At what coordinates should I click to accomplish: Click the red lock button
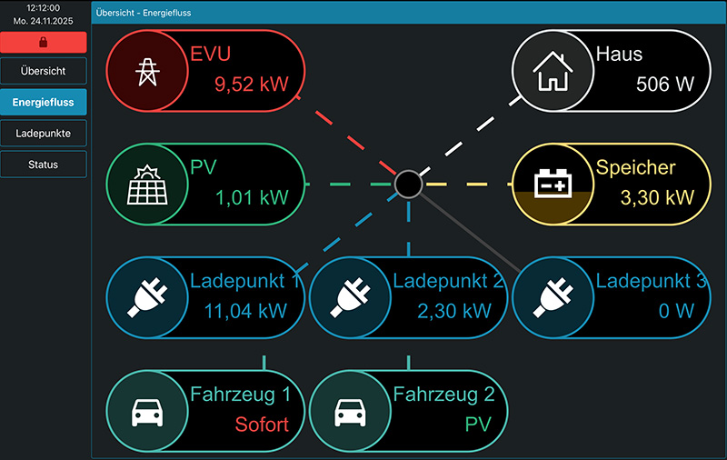coord(44,42)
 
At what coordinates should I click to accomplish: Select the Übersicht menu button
coord(44,71)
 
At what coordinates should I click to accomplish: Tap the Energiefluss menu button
coord(44,103)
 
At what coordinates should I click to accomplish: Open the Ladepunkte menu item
coord(44,134)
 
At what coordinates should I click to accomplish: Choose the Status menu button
coord(44,165)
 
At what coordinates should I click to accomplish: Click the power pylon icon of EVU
coord(145,72)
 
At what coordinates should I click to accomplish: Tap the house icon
coord(552,72)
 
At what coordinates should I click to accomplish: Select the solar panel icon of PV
coord(145,185)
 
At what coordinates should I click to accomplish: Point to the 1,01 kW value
coord(251,197)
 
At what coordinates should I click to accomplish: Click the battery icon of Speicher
coord(552,185)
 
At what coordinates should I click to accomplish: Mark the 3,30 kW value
coord(656,197)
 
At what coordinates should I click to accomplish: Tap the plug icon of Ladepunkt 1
coord(145,297)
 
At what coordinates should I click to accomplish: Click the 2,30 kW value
coord(453,310)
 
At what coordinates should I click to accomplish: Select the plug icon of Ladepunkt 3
coord(552,297)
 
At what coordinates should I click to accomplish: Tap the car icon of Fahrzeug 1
coord(145,411)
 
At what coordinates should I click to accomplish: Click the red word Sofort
coord(262,424)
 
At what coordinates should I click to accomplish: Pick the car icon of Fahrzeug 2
coord(349,411)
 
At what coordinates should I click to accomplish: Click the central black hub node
coord(408,184)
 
